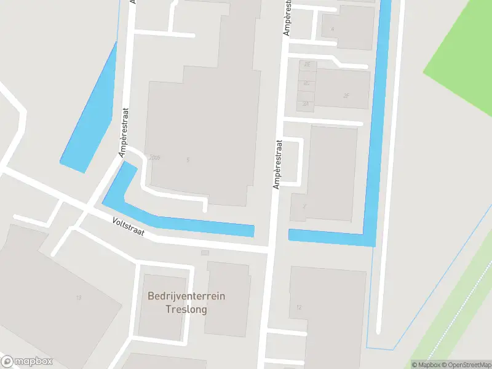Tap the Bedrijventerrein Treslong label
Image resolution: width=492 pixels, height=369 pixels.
tap(186, 303)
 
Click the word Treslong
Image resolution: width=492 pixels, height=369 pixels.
tap(186, 309)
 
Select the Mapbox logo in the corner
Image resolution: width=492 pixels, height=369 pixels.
tap(27, 362)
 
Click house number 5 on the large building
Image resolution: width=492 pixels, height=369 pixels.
tap(188, 160)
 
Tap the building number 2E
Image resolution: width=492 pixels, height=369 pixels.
tap(306, 64)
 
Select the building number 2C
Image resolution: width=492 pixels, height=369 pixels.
tap(306, 83)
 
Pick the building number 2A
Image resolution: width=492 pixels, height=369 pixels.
tap(306, 103)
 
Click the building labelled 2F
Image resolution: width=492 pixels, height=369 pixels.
tap(346, 95)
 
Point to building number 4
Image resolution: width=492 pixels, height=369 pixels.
tap(333, 29)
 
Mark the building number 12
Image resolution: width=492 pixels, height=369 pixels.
tap(299, 307)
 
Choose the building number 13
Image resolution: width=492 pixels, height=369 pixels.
tap(78, 298)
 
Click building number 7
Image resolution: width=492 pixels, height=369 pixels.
tap(304, 206)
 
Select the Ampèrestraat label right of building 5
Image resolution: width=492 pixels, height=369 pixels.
tap(278, 164)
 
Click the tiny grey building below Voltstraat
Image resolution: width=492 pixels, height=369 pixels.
tap(205, 252)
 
